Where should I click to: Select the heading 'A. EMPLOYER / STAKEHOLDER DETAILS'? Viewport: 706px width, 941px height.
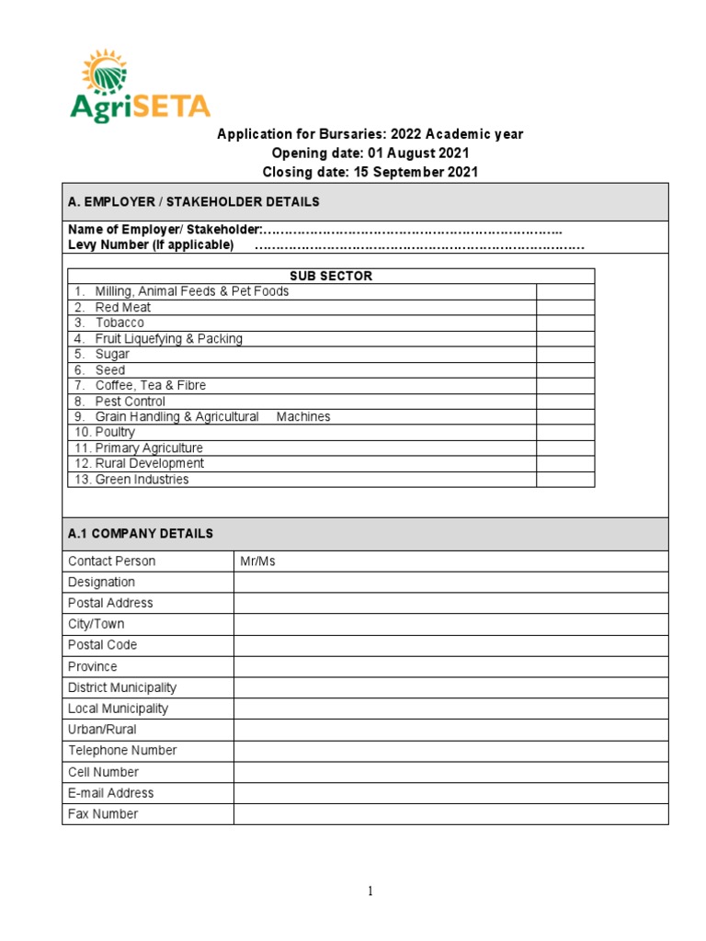194,201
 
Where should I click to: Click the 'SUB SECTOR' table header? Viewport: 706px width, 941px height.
331,276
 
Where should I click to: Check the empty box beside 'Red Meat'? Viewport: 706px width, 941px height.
565,307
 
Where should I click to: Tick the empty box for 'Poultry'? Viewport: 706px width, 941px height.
565,432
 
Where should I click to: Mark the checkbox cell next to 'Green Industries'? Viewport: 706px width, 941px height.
565,479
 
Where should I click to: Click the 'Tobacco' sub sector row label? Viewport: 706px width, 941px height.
120,323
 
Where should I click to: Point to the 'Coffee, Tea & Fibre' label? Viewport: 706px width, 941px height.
150,385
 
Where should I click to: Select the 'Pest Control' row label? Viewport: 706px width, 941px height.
130,401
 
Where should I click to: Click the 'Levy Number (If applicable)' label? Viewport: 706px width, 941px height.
151,244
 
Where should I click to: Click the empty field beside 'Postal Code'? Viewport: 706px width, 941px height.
450,645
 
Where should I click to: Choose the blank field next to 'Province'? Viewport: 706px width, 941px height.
450,666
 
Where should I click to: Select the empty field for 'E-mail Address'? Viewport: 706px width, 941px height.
450,793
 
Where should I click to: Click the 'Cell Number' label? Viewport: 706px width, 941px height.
103,772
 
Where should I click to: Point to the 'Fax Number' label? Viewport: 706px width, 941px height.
103,814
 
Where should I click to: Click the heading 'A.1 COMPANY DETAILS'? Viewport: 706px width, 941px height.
141,533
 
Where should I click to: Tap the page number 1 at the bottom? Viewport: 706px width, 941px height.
370,890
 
